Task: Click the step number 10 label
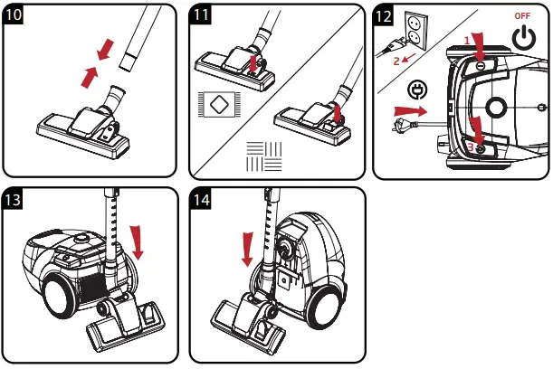(x=15, y=16)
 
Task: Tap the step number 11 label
(x=204, y=16)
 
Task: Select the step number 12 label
(x=386, y=16)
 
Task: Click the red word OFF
(x=522, y=16)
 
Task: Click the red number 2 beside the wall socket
(x=396, y=61)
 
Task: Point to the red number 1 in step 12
(x=468, y=40)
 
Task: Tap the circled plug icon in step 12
(x=417, y=90)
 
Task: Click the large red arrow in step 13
(x=138, y=241)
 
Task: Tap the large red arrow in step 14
(x=246, y=247)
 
